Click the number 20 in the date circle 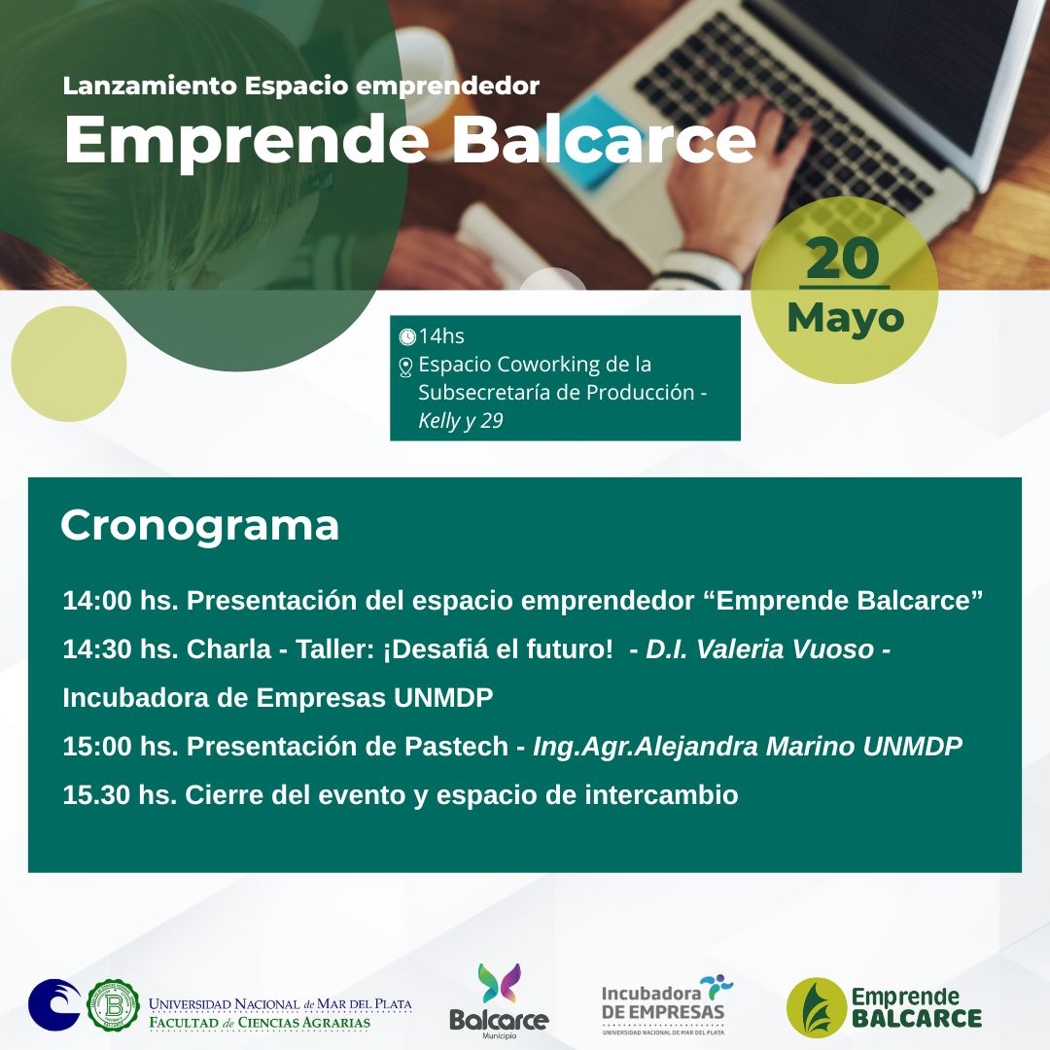[843, 260]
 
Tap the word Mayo [845, 318]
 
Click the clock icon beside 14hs [407, 336]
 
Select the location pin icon [405, 367]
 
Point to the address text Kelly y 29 [460, 421]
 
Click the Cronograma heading [199, 525]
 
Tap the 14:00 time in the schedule [97, 601]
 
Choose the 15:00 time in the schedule [97, 747]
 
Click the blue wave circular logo [54, 1004]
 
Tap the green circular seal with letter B [113, 1004]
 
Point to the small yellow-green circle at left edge [69, 364]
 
